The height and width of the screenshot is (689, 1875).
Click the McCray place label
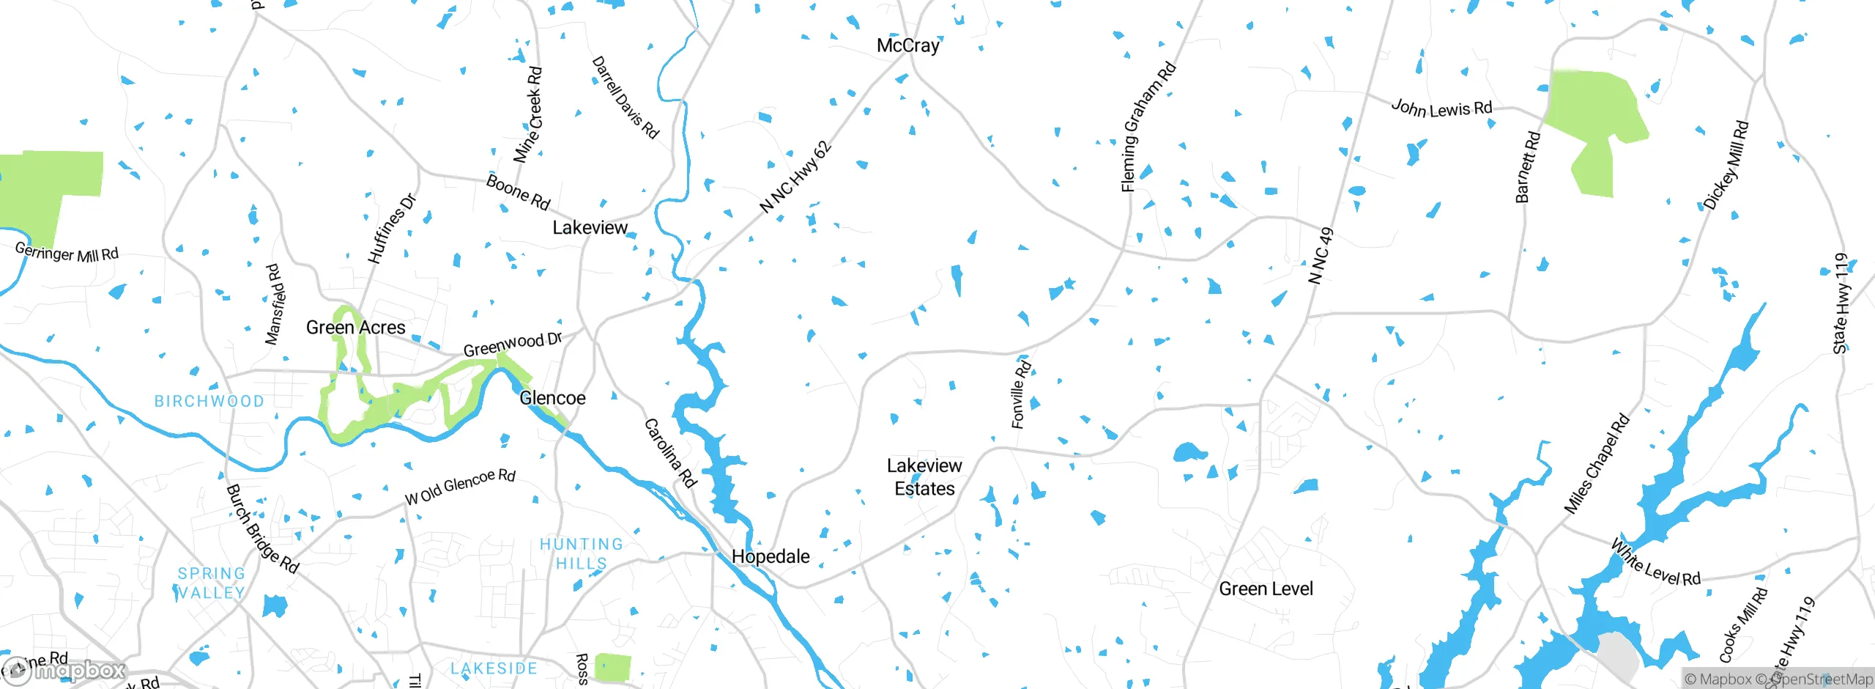click(907, 45)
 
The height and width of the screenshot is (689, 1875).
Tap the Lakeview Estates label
click(924, 477)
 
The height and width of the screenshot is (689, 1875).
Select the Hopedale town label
click(771, 556)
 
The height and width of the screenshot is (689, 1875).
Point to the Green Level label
click(1266, 589)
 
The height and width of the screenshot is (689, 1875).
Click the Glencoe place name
click(552, 398)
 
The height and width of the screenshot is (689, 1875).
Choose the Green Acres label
click(355, 328)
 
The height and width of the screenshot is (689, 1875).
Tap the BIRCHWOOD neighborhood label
click(209, 401)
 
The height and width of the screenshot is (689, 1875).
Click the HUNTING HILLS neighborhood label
click(582, 553)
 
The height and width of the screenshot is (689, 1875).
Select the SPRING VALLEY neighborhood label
click(211, 583)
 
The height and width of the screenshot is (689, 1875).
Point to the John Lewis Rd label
click(1441, 109)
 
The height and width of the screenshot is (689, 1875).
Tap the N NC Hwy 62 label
click(795, 177)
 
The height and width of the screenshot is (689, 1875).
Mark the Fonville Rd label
click(1020, 394)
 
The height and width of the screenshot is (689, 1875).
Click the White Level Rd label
click(1655, 562)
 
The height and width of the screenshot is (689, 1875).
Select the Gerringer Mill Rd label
click(67, 253)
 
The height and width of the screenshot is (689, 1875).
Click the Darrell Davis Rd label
click(625, 97)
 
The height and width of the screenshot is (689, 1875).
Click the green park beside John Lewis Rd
click(1595, 125)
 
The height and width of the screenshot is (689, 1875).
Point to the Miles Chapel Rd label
click(1597, 464)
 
